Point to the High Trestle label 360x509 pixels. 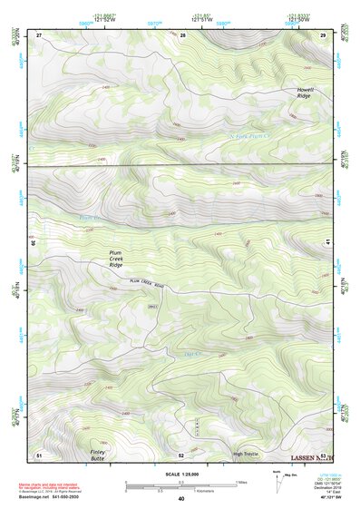pyautogui.click(x=246, y=454)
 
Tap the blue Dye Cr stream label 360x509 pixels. pyautogui.click(x=191, y=354)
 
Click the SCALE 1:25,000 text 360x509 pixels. pyautogui.click(x=180, y=474)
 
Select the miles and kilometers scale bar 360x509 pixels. pyautogui.click(x=180, y=485)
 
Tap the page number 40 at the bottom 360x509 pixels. pyautogui.click(x=180, y=499)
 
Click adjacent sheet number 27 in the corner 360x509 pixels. pyautogui.click(x=39, y=34)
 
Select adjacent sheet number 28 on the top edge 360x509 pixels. pyautogui.click(x=182, y=34)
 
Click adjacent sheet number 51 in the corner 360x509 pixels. pyautogui.click(x=39, y=454)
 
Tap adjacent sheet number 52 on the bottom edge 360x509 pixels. pyautogui.click(x=181, y=454)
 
